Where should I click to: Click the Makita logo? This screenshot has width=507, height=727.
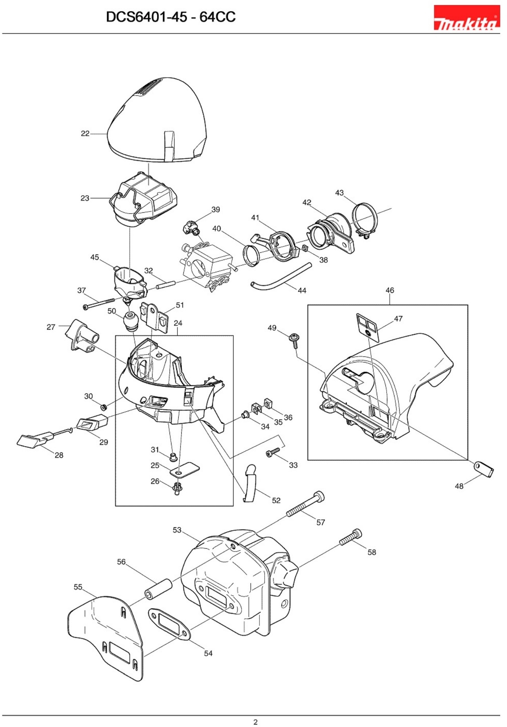(466, 18)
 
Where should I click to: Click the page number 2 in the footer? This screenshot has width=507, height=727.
(255, 722)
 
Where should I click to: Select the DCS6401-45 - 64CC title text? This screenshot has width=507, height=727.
(171, 17)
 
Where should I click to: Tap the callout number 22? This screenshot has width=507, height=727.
(85, 134)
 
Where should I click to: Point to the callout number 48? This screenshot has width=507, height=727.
(459, 486)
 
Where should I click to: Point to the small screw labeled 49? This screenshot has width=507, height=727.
(295, 339)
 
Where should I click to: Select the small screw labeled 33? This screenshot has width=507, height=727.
(273, 452)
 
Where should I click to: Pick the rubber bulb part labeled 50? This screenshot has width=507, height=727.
(131, 321)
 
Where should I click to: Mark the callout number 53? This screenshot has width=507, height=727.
(177, 530)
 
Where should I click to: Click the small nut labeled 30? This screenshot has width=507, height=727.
(104, 407)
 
